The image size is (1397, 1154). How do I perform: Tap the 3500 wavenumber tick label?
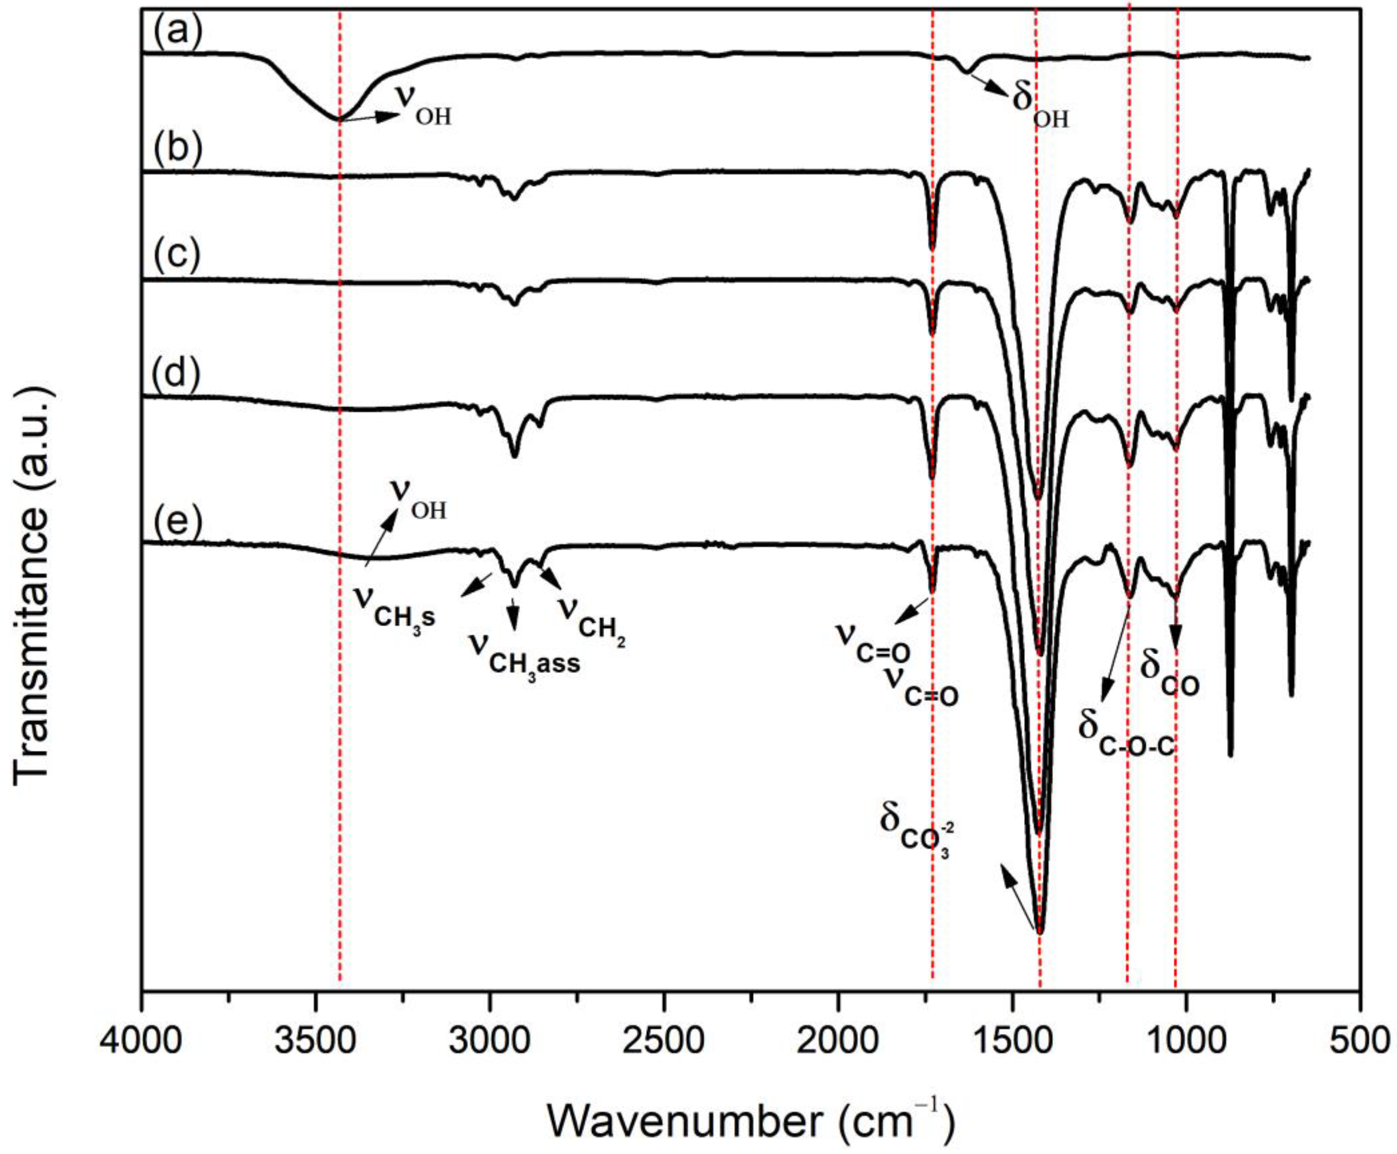click(x=315, y=1039)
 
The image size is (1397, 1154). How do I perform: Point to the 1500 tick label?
click(x=1012, y=1039)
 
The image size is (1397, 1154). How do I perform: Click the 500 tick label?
click(x=1360, y=1039)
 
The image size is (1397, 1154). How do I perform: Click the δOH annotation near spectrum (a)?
click(x=1040, y=106)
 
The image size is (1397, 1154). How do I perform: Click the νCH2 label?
click(x=591, y=618)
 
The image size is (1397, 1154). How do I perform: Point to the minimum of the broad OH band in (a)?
click(x=339, y=119)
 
